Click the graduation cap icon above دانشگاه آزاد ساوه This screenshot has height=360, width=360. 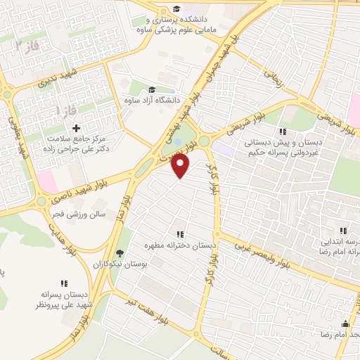[x=151, y=89]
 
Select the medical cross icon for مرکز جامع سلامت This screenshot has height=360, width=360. [x=76, y=127]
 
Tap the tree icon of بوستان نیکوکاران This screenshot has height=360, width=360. [x=120, y=253]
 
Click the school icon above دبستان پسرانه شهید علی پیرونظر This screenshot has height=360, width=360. [x=64, y=283]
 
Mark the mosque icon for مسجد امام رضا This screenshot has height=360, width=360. [x=345, y=324]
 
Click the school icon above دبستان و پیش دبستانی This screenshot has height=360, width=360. [x=282, y=131]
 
